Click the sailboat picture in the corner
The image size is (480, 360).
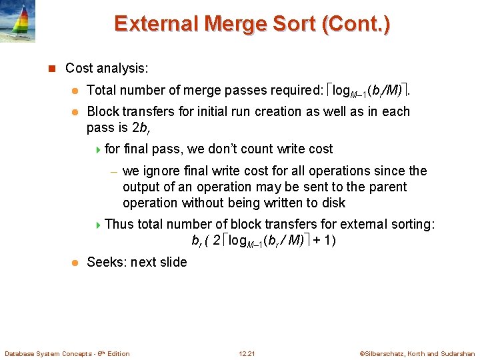(x=18, y=21)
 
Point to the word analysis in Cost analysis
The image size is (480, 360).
(x=125, y=68)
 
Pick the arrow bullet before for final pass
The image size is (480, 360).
(x=99, y=149)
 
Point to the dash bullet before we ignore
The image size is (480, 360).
(x=114, y=171)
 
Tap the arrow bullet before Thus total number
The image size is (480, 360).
(x=99, y=225)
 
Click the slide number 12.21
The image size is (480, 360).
(x=246, y=353)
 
